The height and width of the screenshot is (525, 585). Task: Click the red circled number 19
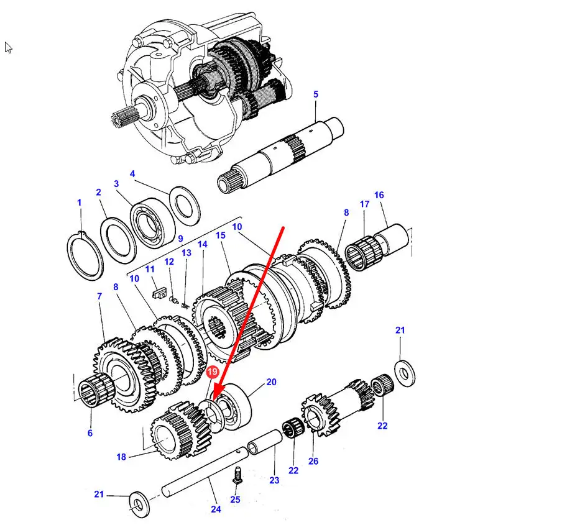tap(212, 372)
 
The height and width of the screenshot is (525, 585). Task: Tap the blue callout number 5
tap(316, 94)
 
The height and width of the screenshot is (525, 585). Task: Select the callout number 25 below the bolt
tap(235, 500)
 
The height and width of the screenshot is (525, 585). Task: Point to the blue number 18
tap(121, 457)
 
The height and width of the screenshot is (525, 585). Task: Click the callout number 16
tap(379, 195)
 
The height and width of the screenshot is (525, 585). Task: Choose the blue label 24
tap(216, 509)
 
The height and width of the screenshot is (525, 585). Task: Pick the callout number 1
tap(79, 203)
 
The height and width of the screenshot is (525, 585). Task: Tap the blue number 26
tap(313, 461)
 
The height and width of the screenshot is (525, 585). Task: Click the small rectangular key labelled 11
tap(159, 293)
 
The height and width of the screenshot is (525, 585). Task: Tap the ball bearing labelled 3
tap(153, 222)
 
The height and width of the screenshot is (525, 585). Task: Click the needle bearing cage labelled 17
tap(362, 253)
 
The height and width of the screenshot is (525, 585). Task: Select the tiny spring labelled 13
tap(185, 306)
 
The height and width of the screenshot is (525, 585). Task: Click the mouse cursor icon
tap(9, 48)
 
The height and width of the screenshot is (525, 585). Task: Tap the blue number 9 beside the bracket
tap(180, 239)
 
